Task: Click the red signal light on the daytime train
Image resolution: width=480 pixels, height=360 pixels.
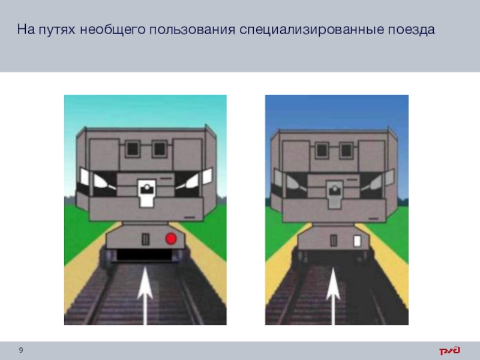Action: pos(171,239)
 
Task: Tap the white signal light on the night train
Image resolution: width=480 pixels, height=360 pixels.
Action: pos(357,241)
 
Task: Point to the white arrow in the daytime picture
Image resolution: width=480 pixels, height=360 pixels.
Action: pos(145,296)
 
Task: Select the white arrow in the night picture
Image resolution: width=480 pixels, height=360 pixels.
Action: pos(333,296)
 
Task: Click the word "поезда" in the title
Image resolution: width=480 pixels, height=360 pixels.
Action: pos(412,30)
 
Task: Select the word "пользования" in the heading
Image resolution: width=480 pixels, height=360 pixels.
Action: pos(192,29)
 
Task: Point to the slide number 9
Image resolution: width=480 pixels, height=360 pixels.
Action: pos(21,350)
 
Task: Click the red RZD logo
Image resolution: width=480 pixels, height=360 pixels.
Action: pos(449,350)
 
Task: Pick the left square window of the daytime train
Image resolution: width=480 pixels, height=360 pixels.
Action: pos(133,149)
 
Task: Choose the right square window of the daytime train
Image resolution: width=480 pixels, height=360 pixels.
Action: pos(160,149)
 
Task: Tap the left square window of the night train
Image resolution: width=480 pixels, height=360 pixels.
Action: pos(322,150)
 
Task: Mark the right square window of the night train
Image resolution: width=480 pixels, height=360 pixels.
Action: pos(346,150)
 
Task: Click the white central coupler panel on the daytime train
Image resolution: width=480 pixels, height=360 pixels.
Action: pos(146,193)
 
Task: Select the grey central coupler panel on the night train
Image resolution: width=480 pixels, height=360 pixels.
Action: pos(335,194)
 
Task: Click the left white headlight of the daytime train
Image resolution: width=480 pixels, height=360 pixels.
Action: pos(101,181)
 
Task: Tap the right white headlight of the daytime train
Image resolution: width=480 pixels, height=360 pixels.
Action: pos(189,182)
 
